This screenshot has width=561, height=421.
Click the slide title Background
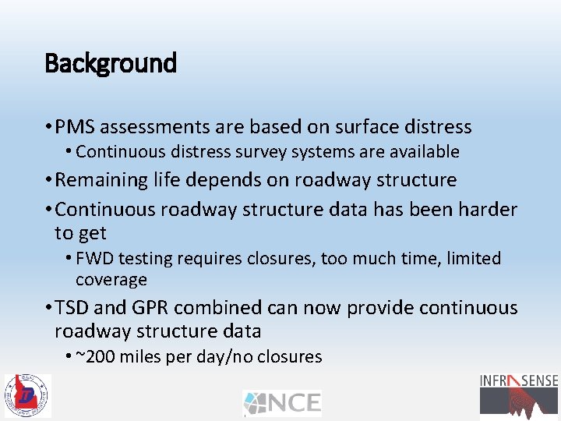(x=111, y=63)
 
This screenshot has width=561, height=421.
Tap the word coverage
(x=111, y=279)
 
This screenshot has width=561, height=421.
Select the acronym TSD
(x=74, y=308)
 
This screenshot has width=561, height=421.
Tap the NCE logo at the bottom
(x=281, y=402)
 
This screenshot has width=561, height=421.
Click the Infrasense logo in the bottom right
(x=519, y=394)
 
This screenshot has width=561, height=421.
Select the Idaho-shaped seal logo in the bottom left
(x=27, y=395)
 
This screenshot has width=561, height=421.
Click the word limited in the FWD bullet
(x=471, y=258)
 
